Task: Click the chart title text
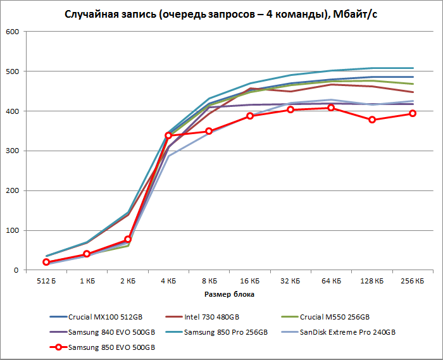click(x=221, y=14)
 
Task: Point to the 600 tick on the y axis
click(x=13, y=32)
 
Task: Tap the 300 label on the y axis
click(x=13, y=151)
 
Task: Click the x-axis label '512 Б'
click(x=46, y=281)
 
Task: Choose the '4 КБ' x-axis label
click(x=168, y=281)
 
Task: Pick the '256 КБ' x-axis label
click(x=413, y=281)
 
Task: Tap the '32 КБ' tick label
click(x=290, y=281)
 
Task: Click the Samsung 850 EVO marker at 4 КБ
click(x=168, y=135)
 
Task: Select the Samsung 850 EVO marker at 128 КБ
click(x=372, y=120)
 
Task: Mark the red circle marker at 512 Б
click(x=46, y=262)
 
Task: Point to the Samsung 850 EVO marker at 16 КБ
click(x=250, y=116)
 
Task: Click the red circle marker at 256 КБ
click(x=413, y=113)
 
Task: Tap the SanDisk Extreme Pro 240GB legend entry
click(x=351, y=332)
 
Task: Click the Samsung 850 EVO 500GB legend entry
click(x=111, y=347)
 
